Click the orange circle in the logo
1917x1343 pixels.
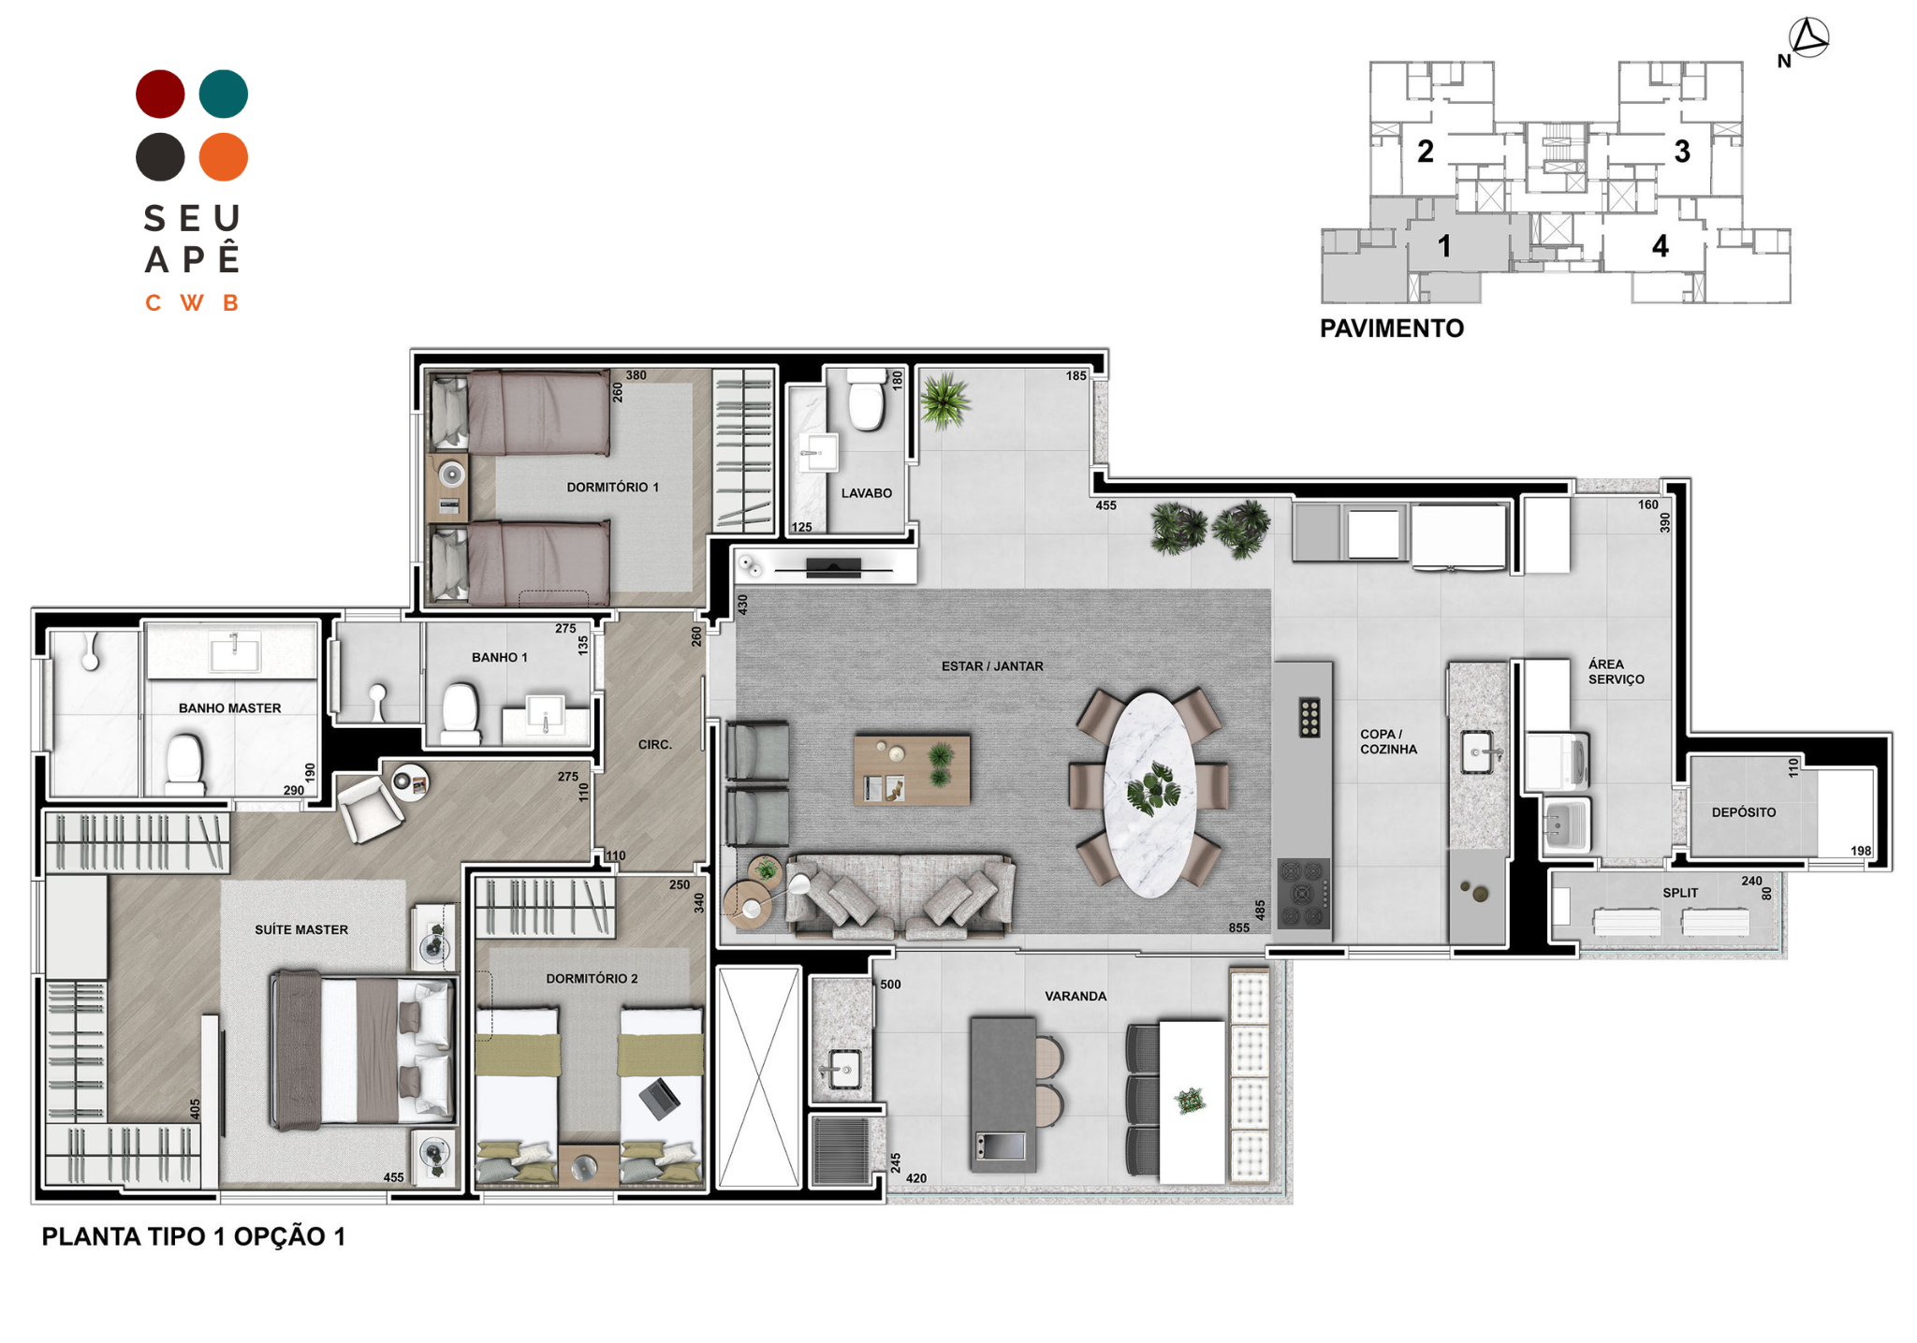tap(224, 156)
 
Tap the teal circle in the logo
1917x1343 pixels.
tap(224, 94)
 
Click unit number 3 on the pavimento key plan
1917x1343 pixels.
tap(1682, 152)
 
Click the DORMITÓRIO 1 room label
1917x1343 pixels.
tap(612, 488)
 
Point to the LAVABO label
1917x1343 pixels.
tap(866, 493)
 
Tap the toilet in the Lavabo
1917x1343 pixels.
tap(867, 400)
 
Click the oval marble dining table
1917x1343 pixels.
tap(1149, 794)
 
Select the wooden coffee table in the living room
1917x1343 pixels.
tap(912, 769)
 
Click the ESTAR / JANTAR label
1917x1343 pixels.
tap(992, 666)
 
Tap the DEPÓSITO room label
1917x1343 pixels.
tap(1743, 812)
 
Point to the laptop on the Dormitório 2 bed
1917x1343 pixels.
tap(660, 1098)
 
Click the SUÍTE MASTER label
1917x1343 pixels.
tap(301, 929)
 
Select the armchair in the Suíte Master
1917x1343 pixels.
tap(371, 809)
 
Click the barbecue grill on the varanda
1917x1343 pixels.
tap(841, 1150)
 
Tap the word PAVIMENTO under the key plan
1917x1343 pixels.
tap(1391, 328)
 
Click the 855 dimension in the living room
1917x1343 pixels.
tap(1238, 927)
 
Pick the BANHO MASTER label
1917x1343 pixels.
tap(229, 708)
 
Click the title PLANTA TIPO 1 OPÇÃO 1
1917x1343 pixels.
tap(194, 1236)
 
